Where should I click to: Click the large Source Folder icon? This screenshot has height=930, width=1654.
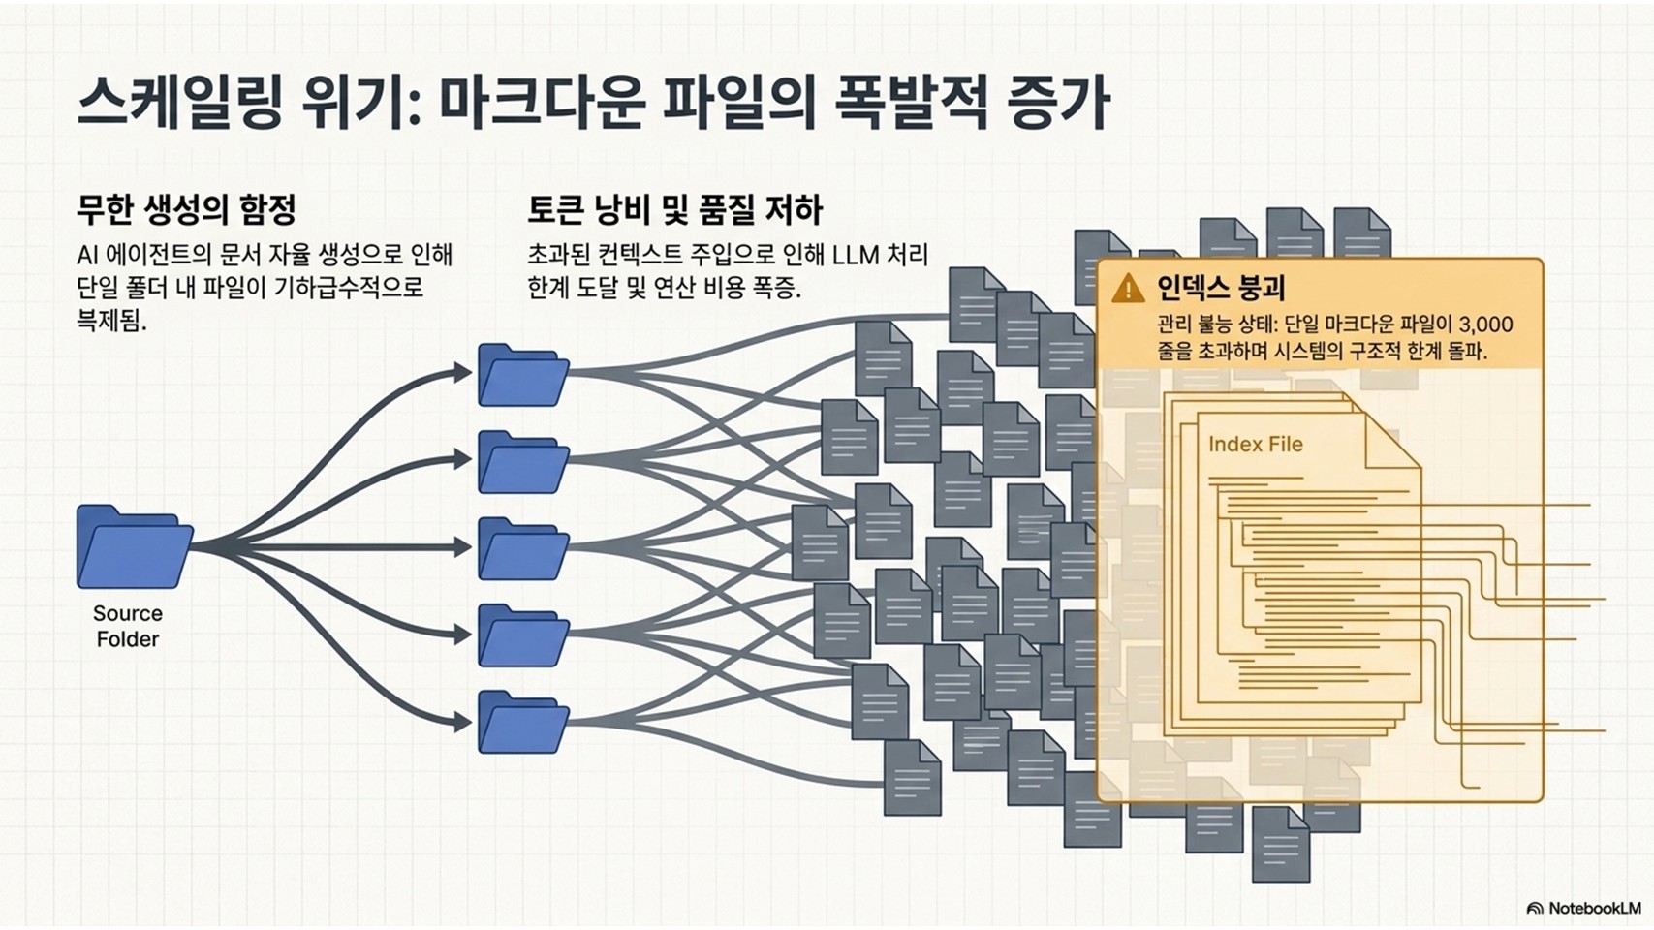point(135,547)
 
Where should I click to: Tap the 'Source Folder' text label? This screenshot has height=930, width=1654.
point(128,626)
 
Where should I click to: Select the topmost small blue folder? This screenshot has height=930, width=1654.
point(523,375)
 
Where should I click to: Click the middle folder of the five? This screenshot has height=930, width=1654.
point(523,548)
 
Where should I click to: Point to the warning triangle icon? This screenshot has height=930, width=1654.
point(1128,288)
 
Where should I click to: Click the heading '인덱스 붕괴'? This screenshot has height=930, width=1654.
point(1221,288)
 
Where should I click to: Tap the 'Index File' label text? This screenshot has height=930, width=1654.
point(1255,445)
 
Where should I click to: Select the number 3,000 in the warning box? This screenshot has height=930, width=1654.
point(1486,324)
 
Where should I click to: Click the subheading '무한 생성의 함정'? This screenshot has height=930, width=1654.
point(186,210)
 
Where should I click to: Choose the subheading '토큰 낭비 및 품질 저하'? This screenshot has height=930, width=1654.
point(674,210)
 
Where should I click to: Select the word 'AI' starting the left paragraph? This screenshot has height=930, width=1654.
point(86,256)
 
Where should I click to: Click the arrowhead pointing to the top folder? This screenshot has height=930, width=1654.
point(462,373)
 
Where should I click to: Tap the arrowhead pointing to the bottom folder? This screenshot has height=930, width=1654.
point(462,722)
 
